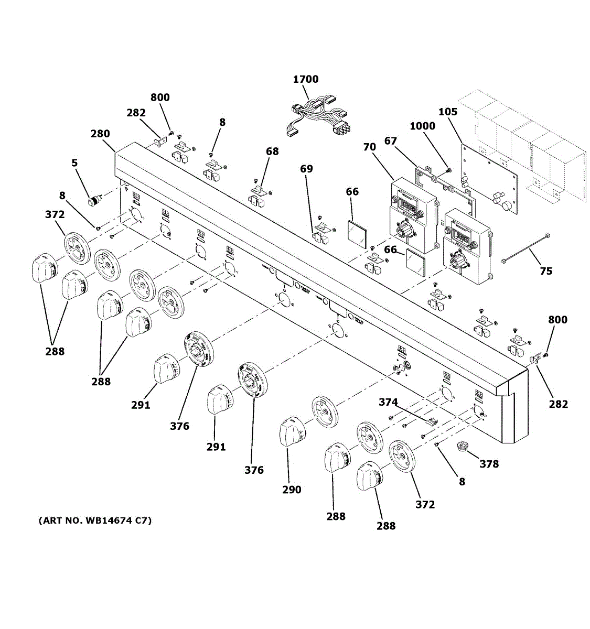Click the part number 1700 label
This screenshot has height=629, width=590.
(305, 79)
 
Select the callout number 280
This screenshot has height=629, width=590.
(100, 134)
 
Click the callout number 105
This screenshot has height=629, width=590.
(448, 112)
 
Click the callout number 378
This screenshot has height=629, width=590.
(489, 464)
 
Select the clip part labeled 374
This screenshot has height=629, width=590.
(431, 421)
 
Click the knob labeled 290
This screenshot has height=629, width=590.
(291, 433)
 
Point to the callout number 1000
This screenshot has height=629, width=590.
(422, 126)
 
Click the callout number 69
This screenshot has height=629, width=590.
(306, 169)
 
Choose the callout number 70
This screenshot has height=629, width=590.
(369, 147)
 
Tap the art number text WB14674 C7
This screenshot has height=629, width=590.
(95, 520)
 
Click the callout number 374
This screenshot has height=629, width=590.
(388, 402)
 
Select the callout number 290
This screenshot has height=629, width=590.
(292, 490)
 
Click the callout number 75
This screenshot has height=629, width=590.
(546, 271)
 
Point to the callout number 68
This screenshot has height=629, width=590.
(272, 151)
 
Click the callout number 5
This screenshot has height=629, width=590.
(74, 163)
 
